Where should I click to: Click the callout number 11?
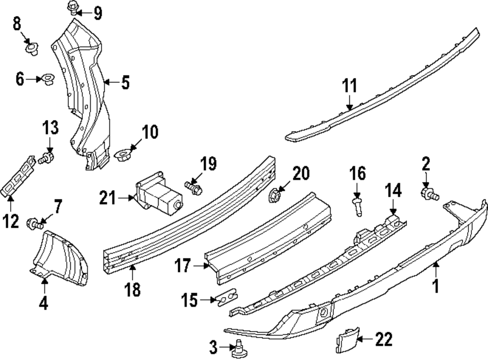[x=349, y=86]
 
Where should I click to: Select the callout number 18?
[x=132, y=289]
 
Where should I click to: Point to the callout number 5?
[x=125, y=83]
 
